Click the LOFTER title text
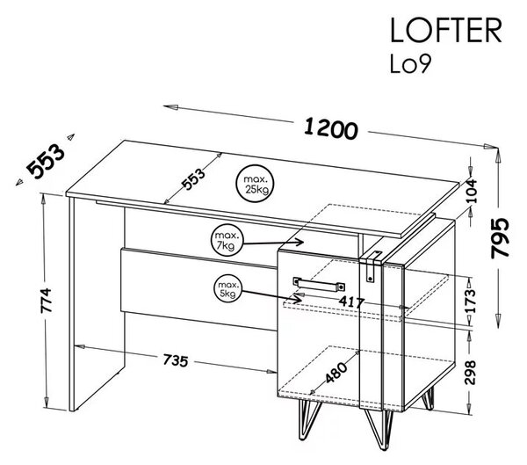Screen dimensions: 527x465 coord(445,30)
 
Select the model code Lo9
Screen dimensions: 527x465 coord(409,64)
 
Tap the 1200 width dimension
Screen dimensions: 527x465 coord(331,129)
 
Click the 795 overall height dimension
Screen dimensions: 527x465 coord(500,238)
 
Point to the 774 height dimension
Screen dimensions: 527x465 coord(46,301)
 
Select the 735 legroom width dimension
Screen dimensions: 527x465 coord(176,360)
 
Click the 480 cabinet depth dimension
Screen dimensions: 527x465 coord(336,372)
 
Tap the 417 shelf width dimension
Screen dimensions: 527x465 coord(351,302)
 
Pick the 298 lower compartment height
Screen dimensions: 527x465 coord(470,372)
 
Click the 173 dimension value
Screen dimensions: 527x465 coord(470,301)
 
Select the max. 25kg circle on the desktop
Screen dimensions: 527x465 coord(255,184)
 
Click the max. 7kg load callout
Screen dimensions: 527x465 coord(227,240)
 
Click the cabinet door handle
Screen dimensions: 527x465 coord(319,284)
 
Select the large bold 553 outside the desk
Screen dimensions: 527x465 coord(46,161)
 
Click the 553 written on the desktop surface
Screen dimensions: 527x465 coord(193,178)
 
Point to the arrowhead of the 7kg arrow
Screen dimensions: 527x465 coord(300,241)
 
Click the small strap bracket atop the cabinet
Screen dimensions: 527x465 coord(371,265)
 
